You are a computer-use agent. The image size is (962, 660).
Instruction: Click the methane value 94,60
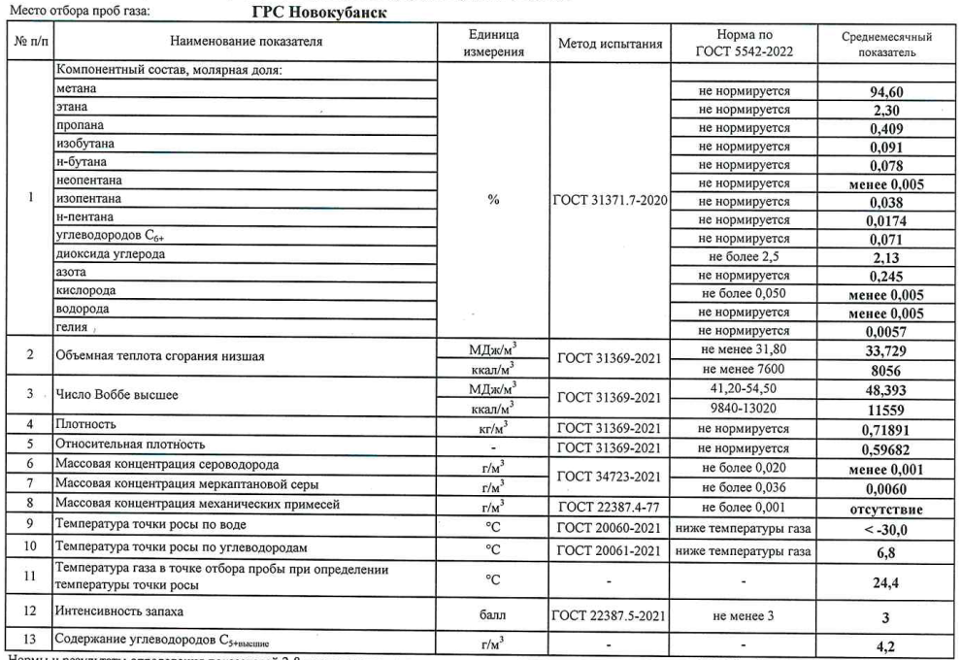[x=888, y=92]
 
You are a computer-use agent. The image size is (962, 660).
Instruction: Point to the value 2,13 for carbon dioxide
[x=888, y=256]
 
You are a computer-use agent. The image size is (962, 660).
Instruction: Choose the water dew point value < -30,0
[x=888, y=524]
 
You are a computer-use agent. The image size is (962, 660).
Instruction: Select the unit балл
[x=494, y=612]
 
